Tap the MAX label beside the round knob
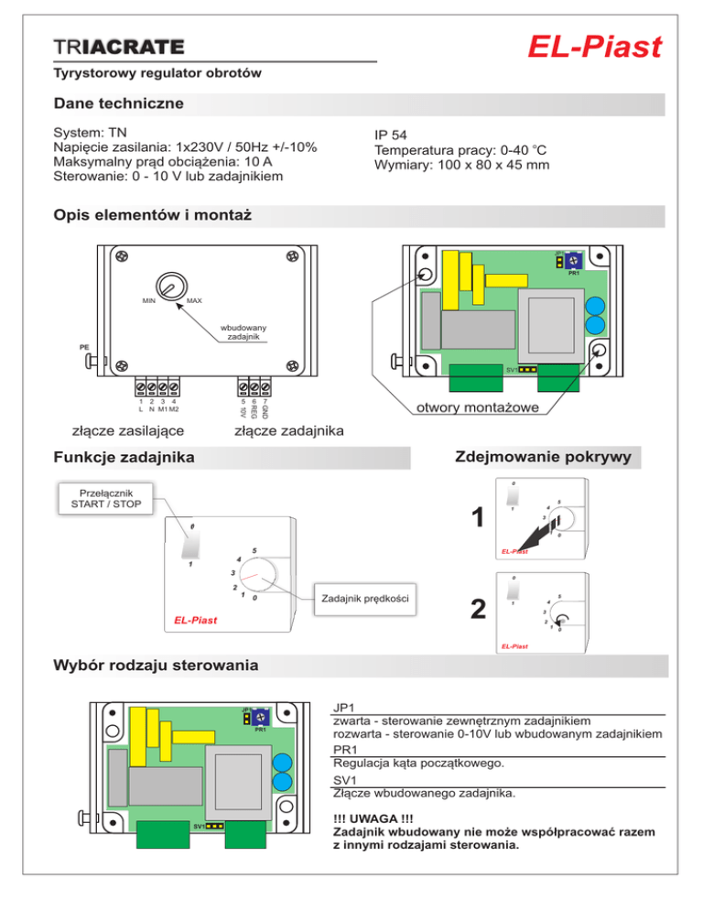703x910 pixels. coord(194,300)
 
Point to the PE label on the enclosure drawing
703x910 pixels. coord(83,348)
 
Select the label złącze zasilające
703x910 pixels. coord(128,430)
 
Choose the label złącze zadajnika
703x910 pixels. coord(288,430)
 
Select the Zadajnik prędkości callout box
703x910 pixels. coord(363,599)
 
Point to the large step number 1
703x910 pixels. coord(476,519)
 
